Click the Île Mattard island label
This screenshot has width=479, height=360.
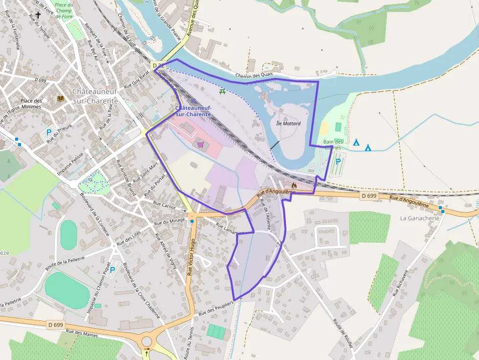tap(288, 124)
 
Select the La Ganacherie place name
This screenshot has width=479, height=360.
tap(420, 218)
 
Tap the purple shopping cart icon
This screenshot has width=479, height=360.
tap(200, 144)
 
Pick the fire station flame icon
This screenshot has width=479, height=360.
tap(294, 185)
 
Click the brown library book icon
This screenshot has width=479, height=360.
tap(61, 99)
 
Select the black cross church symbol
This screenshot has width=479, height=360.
tap(38, 15)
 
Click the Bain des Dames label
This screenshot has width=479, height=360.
tap(334, 145)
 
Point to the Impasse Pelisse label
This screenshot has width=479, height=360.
tap(71, 163)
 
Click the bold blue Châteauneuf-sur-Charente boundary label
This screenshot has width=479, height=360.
tap(193, 110)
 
